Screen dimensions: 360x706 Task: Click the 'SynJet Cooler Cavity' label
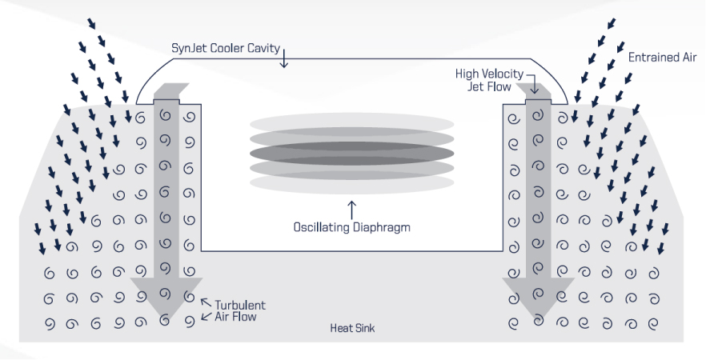point(226,48)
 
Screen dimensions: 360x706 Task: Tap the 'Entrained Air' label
point(662,58)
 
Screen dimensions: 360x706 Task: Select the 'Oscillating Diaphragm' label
point(352,227)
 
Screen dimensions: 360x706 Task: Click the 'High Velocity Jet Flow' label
point(490,79)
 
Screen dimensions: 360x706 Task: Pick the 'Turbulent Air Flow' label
point(239,311)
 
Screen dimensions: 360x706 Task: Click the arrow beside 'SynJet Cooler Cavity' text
point(284,57)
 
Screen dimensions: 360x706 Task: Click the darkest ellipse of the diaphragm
point(351,153)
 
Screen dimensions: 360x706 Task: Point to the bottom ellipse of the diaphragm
point(351,182)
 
